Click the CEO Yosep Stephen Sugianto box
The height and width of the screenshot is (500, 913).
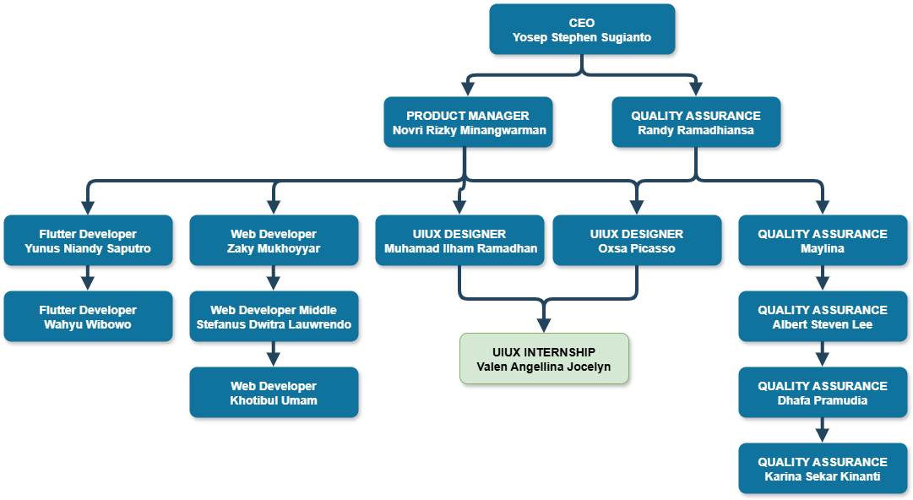(582, 30)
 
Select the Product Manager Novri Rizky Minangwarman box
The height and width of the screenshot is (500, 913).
(468, 122)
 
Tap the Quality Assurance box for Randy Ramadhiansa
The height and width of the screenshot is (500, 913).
(696, 122)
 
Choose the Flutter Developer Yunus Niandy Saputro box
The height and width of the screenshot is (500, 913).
(88, 241)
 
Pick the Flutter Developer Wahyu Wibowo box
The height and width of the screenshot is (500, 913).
(88, 317)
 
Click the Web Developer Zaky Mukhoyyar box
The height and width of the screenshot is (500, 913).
(274, 241)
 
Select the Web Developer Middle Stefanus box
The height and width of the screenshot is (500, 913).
(274, 317)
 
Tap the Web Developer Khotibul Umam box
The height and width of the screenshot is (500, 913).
(274, 393)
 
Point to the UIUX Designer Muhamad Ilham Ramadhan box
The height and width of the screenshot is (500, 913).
(460, 241)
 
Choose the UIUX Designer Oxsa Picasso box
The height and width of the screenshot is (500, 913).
(637, 241)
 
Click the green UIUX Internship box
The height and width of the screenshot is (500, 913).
(544, 359)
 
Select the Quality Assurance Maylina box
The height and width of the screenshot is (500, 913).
(823, 241)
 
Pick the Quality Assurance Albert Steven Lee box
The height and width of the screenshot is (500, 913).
(823, 317)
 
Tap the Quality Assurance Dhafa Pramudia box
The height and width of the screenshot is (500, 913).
(823, 393)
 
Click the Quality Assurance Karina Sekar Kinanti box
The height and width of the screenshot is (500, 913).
(823, 469)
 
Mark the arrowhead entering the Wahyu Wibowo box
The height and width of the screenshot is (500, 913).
(88, 283)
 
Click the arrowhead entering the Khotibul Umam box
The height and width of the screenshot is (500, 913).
(274, 359)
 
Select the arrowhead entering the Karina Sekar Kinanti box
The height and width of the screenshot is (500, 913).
(823, 435)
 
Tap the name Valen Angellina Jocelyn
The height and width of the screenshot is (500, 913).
(544, 367)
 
